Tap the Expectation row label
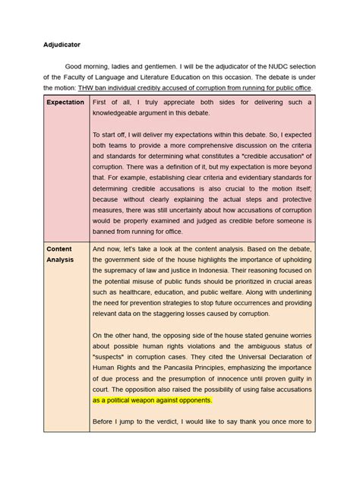tap(65, 102)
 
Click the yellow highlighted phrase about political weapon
tap(152, 400)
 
